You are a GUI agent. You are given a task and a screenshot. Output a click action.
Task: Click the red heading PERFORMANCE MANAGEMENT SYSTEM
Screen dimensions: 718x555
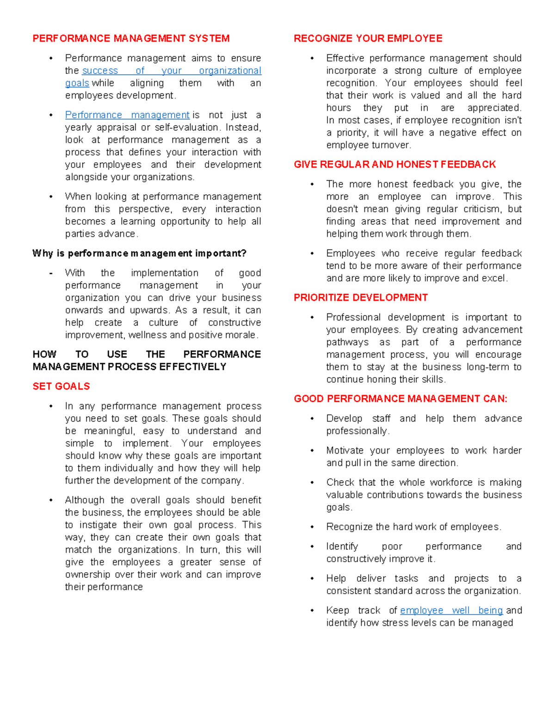click(x=131, y=38)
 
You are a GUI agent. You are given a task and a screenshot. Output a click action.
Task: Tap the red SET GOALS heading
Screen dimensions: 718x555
click(x=61, y=387)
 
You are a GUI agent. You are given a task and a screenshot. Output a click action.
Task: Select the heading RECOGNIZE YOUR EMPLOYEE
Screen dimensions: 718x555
click(x=368, y=38)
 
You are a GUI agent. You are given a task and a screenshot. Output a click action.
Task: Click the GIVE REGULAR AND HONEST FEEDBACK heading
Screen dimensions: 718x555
click(x=395, y=165)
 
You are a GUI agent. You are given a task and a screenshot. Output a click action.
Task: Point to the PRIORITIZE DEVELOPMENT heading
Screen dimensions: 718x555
click(x=361, y=298)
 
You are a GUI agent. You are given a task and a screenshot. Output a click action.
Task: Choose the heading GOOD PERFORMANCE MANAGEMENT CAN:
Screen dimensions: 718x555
click(x=401, y=399)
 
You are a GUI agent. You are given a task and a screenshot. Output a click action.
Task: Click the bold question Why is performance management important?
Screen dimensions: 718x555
click(x=139, y=253)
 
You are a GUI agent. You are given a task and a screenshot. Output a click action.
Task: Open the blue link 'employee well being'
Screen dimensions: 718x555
click(x=451, y=610)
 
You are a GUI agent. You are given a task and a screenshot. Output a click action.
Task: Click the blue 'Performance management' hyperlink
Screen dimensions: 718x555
click(x=127, y=115)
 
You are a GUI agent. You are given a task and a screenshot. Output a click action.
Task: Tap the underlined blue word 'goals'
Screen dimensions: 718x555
click(x=77, y=83)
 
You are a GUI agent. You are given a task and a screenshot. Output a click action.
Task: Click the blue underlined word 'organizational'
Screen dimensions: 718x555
click(x=230, y=71)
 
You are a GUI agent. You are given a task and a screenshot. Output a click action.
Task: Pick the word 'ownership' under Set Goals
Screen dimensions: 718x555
click(x=88, y=575)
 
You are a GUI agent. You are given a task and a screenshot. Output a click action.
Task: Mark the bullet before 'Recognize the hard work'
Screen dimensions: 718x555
click(x=312, y=527)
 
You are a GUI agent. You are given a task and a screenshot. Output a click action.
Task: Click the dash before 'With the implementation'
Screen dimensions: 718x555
click(x=51, y=273)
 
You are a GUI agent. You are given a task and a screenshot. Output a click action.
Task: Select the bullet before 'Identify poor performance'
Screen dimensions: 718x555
click(x=312, y=546)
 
